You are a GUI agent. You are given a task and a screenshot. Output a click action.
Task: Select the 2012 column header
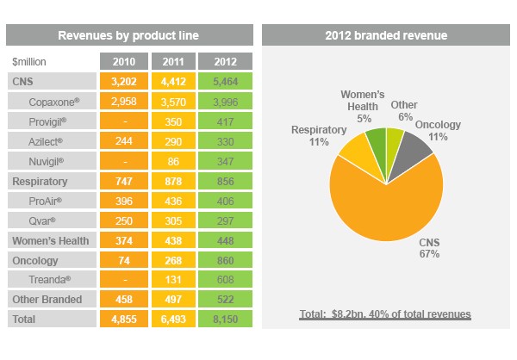click(226, 61)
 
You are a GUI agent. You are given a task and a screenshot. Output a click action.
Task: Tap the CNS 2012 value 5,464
click(226, 81)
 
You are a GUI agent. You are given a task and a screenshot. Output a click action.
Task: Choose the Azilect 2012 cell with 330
click(226, 141)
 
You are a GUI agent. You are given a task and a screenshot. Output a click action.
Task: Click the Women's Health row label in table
click(51, 240)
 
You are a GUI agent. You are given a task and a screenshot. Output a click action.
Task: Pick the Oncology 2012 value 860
click(226, 260)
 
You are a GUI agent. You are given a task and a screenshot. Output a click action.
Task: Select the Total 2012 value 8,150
click(226, 320)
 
